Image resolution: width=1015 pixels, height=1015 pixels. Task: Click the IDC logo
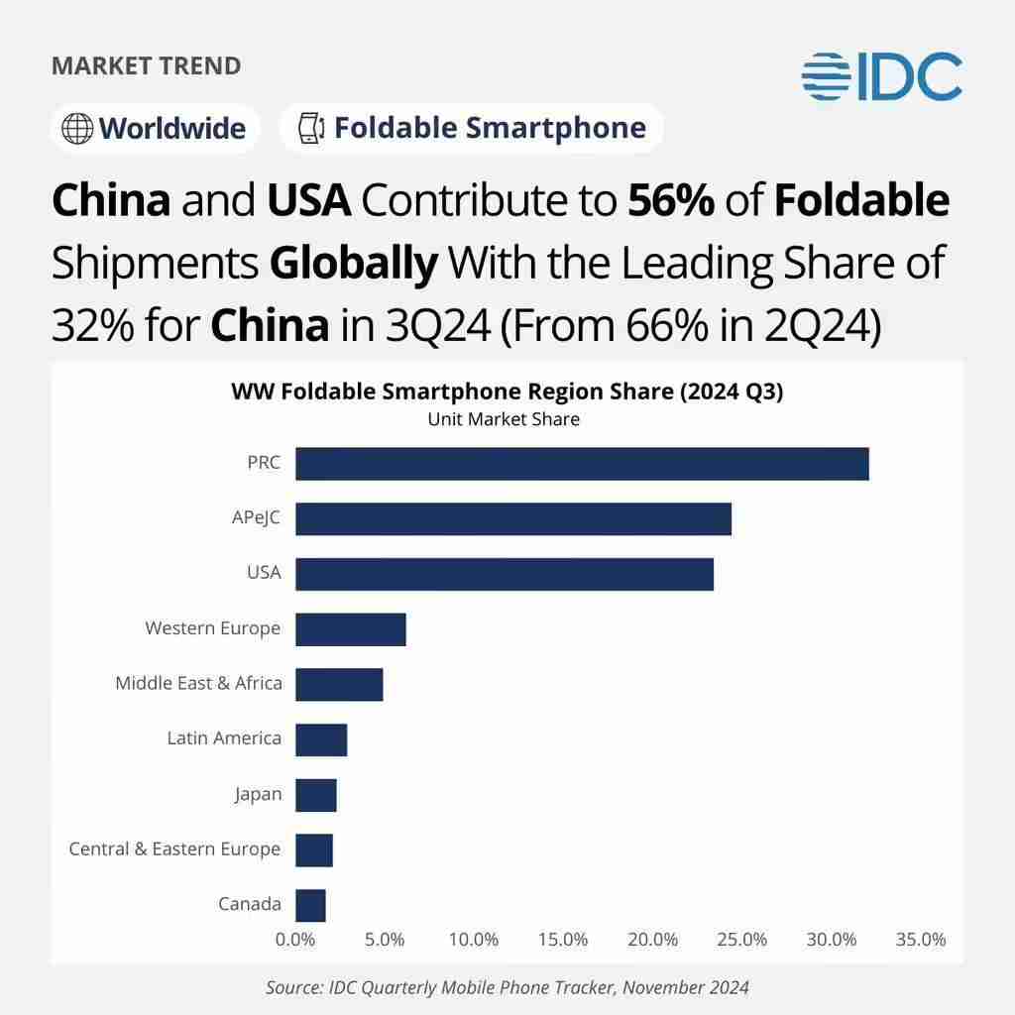click(881, 76)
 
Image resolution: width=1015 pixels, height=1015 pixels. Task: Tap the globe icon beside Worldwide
click(76, 129)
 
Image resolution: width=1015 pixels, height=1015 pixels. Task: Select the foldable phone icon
click(311, 129)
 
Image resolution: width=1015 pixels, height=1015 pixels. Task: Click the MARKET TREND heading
click(146, 66)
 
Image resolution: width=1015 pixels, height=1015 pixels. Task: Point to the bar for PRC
click(582, 464)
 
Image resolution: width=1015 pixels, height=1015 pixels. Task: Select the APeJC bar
click(513, 519)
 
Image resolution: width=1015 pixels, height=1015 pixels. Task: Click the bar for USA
click(505, 575)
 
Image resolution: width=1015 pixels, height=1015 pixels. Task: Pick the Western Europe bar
click(351, 629)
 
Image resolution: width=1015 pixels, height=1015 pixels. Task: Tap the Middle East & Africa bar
click(339, 685)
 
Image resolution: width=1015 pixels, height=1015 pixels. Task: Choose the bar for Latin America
click(321, 740)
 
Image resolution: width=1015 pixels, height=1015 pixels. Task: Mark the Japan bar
click(316, 795)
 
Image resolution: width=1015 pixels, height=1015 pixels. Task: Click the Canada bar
click(310, 906)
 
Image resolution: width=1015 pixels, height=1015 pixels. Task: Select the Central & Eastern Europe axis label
click(174, 849)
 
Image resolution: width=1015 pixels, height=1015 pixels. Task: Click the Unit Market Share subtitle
click(504, 419)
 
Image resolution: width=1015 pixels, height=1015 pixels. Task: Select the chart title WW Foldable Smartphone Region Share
click(507, 392)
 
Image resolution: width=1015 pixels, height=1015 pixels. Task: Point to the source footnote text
click(507, 987)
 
